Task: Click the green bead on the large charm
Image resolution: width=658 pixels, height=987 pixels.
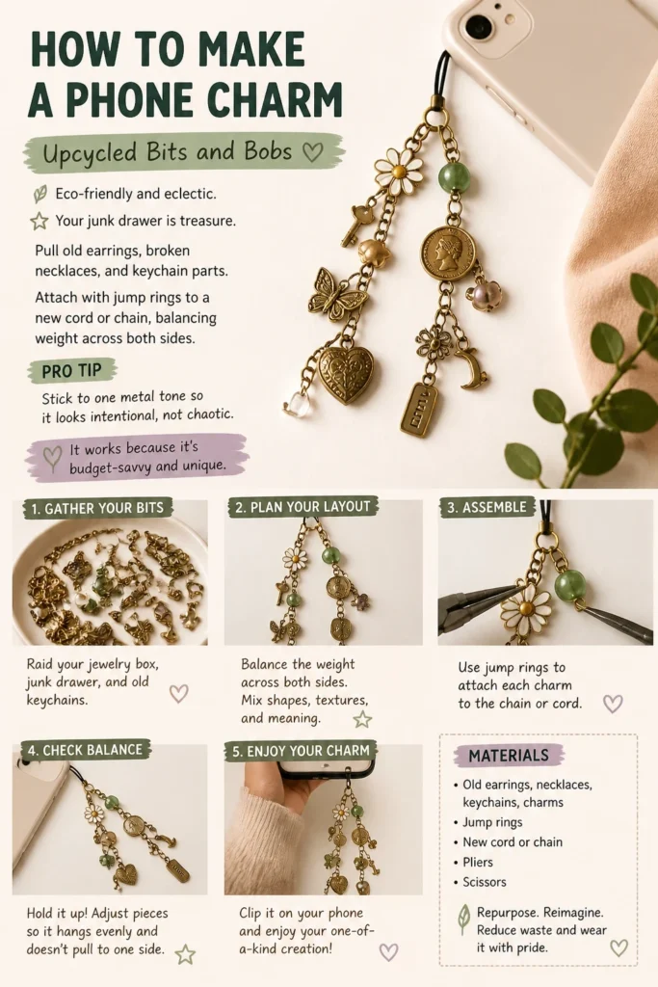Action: pos(454,177)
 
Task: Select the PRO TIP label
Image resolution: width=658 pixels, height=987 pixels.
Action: pos(71,371)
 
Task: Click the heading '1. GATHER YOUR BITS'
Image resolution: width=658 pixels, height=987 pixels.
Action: pos(97,509)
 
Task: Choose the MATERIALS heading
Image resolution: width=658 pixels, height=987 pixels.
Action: pos(509,756)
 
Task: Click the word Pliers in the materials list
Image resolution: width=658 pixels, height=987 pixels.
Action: pos(478,862)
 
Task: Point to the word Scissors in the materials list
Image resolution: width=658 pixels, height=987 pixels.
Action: pos(485,882)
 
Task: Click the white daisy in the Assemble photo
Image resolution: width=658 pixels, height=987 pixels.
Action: pos(526,609)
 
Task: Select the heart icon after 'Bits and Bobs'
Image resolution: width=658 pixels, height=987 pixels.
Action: pos(313,151)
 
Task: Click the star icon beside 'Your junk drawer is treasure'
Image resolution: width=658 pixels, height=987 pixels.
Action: pos(39,221)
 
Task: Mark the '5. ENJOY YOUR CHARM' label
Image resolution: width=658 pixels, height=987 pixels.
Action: pos(301,751)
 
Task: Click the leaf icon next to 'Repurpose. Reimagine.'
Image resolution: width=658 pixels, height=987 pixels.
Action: pos(463,919)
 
